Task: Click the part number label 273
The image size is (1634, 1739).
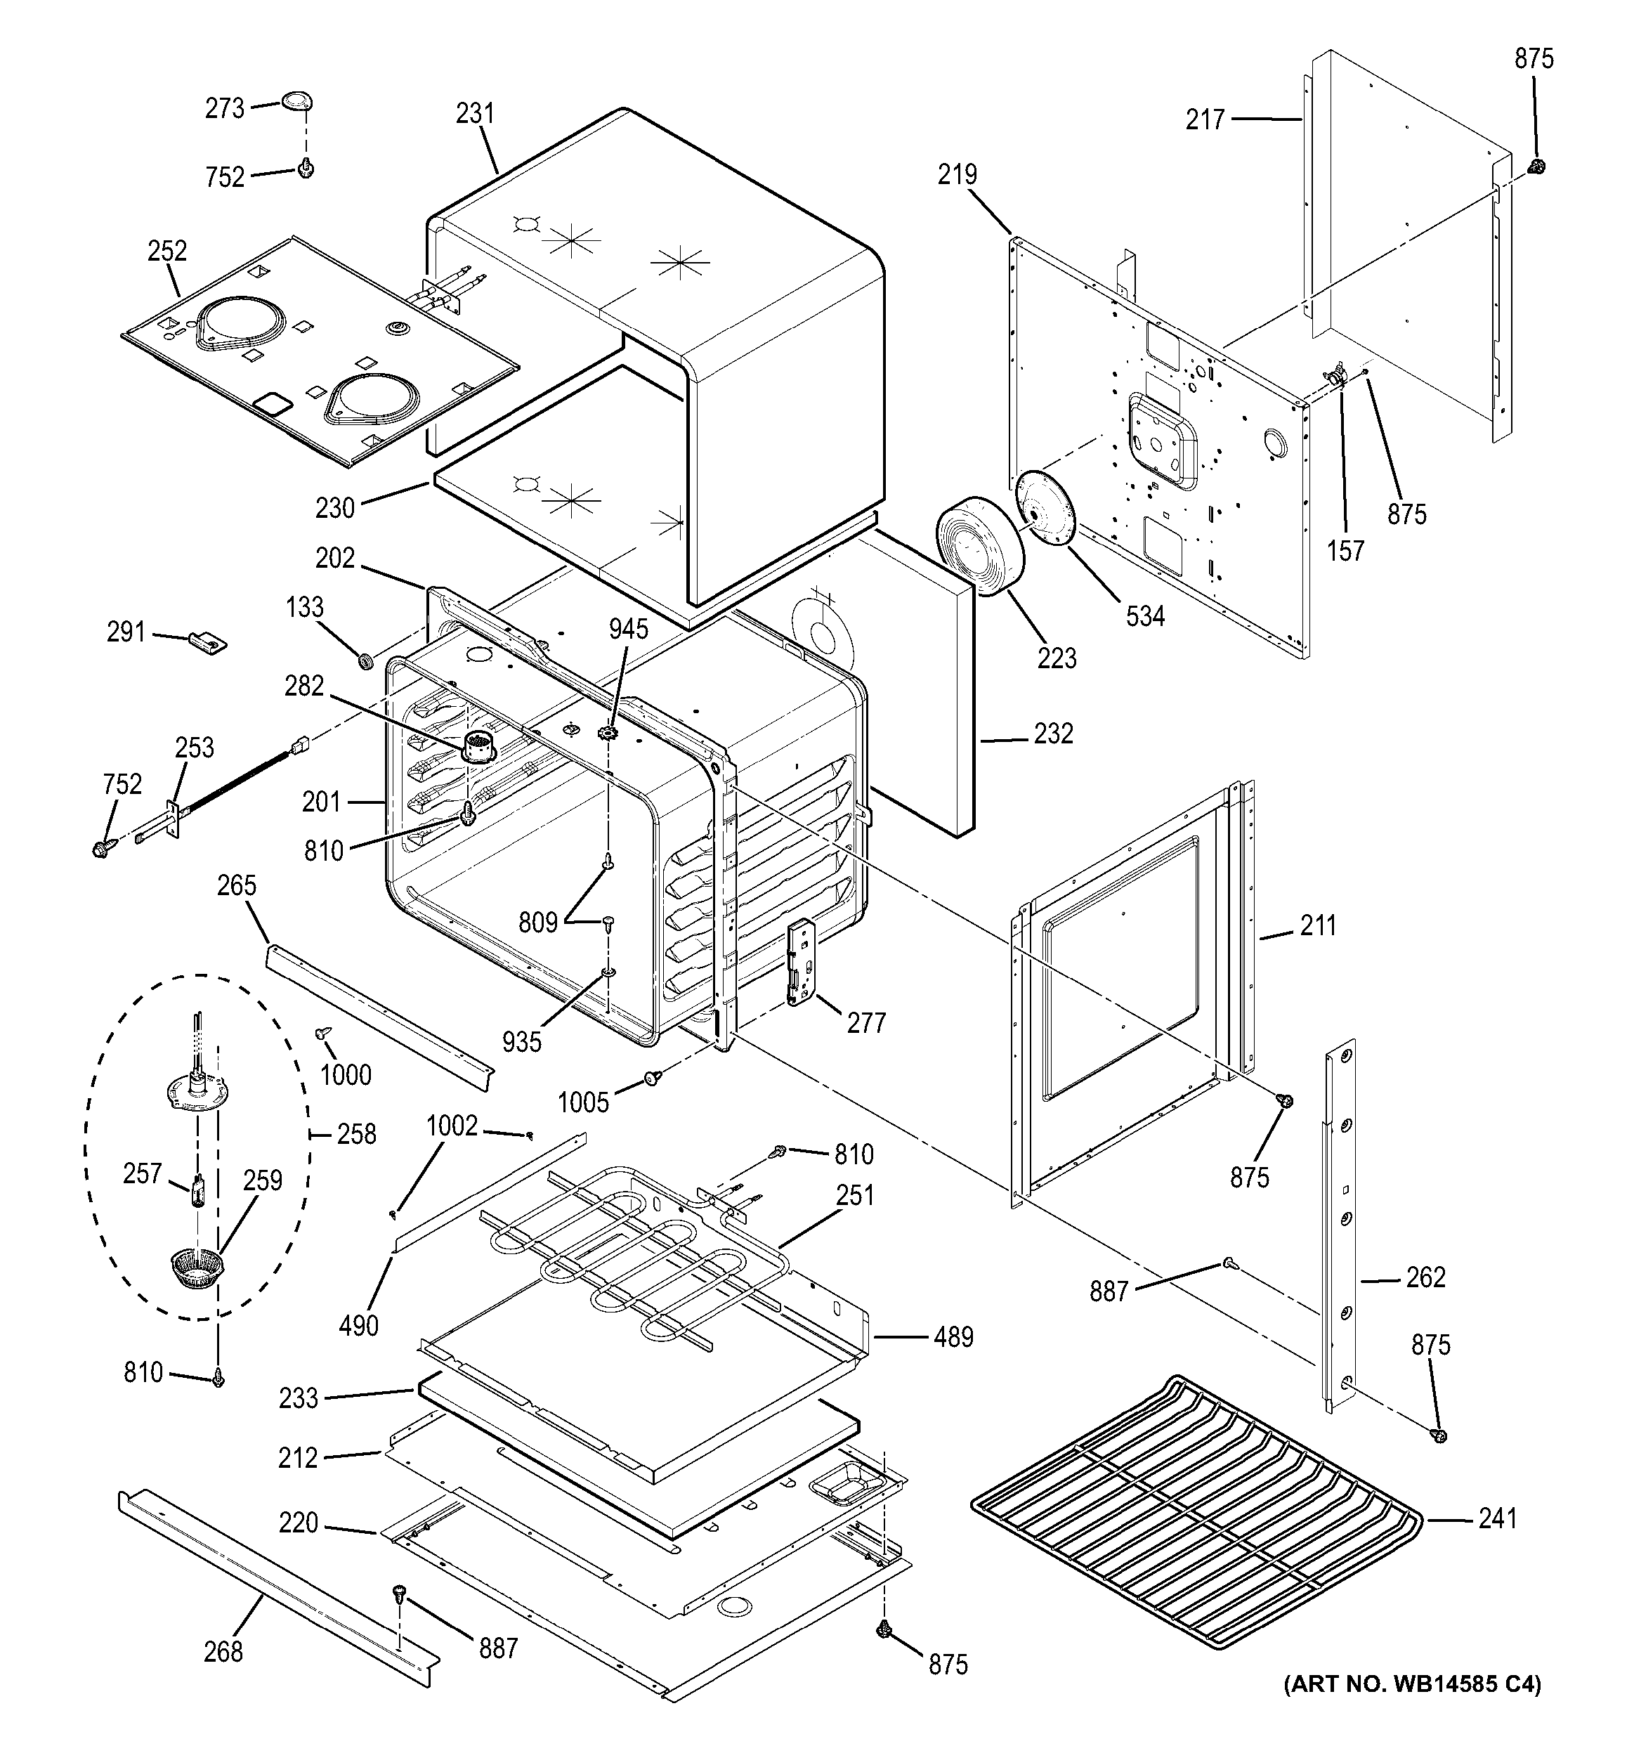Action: pos(224,108)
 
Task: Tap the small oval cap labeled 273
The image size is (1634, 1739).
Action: pos(297,103)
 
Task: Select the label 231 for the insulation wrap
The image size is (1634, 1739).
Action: pos(475,113)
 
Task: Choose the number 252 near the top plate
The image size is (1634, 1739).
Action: pos(167,251)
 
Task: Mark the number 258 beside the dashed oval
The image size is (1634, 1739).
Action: pos(356,1135)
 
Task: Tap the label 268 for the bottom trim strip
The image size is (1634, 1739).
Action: pos(223,1652)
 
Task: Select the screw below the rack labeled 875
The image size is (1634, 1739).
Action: pos(1437,1435)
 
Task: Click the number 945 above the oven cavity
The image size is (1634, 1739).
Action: pos(629,629)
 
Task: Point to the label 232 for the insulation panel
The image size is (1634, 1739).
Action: pos(1053,733)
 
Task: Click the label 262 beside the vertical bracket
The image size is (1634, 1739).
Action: pos(1425,1278)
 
